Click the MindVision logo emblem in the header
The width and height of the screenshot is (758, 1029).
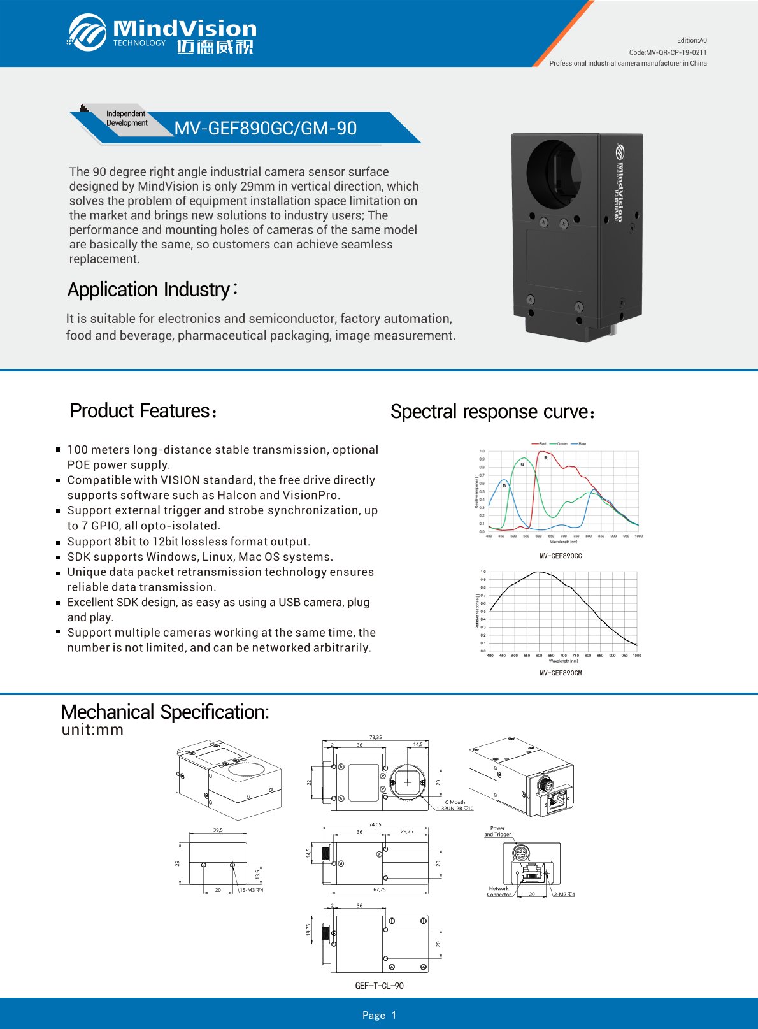click(87, 32)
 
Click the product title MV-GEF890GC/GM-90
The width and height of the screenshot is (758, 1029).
click(265, 128)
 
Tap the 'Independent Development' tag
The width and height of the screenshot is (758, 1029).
click(126, 119)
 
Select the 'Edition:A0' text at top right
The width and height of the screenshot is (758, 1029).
click(692, 40)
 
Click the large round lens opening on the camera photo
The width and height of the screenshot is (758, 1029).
click(554, 171)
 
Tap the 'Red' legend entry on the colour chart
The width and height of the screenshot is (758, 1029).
click(542, 443)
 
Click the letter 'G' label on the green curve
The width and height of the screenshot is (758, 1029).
click(522, 464)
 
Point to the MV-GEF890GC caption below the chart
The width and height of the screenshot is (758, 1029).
click(561, 556)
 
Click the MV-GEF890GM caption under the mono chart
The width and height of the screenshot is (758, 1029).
click(561, 673)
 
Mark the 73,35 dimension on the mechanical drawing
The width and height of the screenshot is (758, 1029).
click(376, 737)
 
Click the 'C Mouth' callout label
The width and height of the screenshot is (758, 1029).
click(455, 802)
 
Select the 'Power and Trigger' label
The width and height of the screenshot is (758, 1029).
click(497, 831)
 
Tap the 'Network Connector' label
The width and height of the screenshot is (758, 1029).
click(499, 891)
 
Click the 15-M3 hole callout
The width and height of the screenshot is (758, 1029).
click(251, 890)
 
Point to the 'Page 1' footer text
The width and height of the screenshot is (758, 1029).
click(379, 1015)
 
